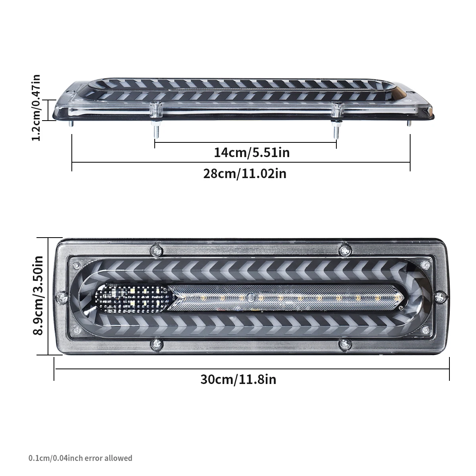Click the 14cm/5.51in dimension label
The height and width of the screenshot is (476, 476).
(251, 152)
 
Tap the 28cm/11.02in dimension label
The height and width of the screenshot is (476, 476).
(244, 173)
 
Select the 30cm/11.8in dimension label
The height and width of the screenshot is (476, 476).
(238, 379)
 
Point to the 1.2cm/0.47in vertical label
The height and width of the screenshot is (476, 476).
(36, 107)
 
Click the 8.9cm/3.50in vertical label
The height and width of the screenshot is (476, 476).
(38, 296)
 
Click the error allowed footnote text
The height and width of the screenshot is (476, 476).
(81, 458)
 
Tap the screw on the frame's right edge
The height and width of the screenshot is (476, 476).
(439, 296)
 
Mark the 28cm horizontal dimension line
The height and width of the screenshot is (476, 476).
(240, 162)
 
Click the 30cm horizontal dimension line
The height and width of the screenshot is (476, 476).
(251, 368)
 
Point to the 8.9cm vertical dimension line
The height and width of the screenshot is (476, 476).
(48, 296)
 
